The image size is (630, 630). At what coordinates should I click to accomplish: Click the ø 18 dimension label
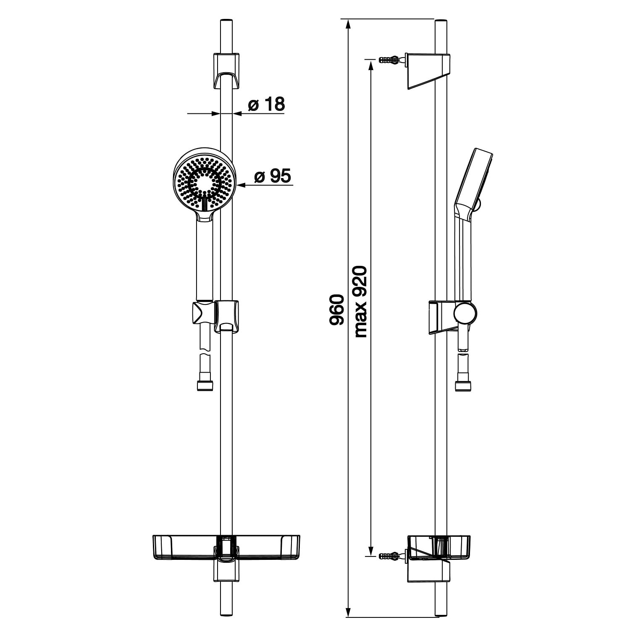pyautogui.click(x=266, y=104)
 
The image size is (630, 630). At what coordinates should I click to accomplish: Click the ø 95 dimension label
pyautogui.click(x=273, y=176)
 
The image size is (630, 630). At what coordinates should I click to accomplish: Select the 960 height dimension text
pyautogui.click(x=336, y=310)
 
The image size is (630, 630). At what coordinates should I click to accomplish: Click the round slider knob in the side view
pyautogui.click(x=465, y=313)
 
